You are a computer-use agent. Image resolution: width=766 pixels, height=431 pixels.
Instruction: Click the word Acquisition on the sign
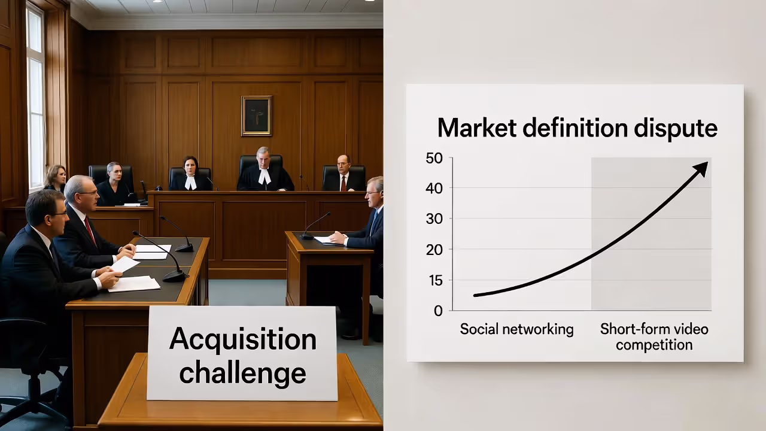242,339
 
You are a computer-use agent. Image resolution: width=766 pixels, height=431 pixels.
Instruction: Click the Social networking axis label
516,329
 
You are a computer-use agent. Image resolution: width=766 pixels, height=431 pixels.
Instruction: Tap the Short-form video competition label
654,337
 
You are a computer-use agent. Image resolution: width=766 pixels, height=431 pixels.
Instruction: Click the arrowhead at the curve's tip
701,168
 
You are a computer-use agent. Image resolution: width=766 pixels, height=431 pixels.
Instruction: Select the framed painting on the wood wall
256,116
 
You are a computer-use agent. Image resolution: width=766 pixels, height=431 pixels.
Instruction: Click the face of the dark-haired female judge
190,166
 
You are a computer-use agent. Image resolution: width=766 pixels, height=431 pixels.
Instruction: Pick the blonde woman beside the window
55,178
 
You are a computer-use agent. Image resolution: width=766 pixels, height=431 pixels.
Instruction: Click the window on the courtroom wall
35,96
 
